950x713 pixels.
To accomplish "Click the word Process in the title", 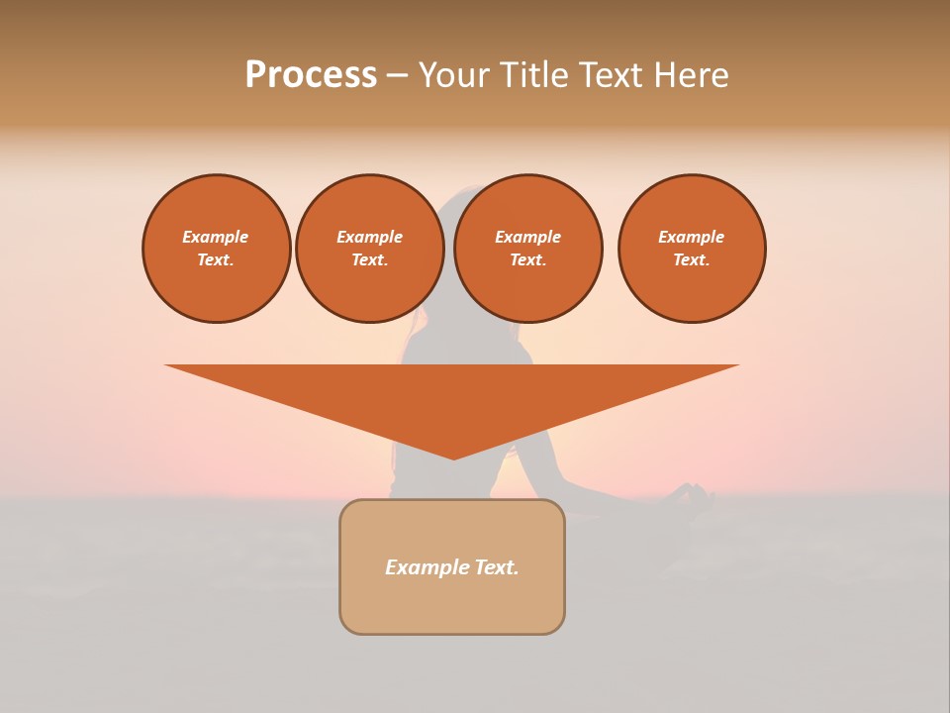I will pos(311,75).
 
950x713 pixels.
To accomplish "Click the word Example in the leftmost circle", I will pos(216,237).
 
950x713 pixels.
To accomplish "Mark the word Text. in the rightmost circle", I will pos(692,259).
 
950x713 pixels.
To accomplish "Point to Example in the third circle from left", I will pos(527,237).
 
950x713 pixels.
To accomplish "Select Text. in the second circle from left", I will pos(370,259).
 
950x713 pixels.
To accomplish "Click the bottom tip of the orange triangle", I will pos(453,457).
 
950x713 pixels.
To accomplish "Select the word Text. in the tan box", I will pos(498,567).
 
